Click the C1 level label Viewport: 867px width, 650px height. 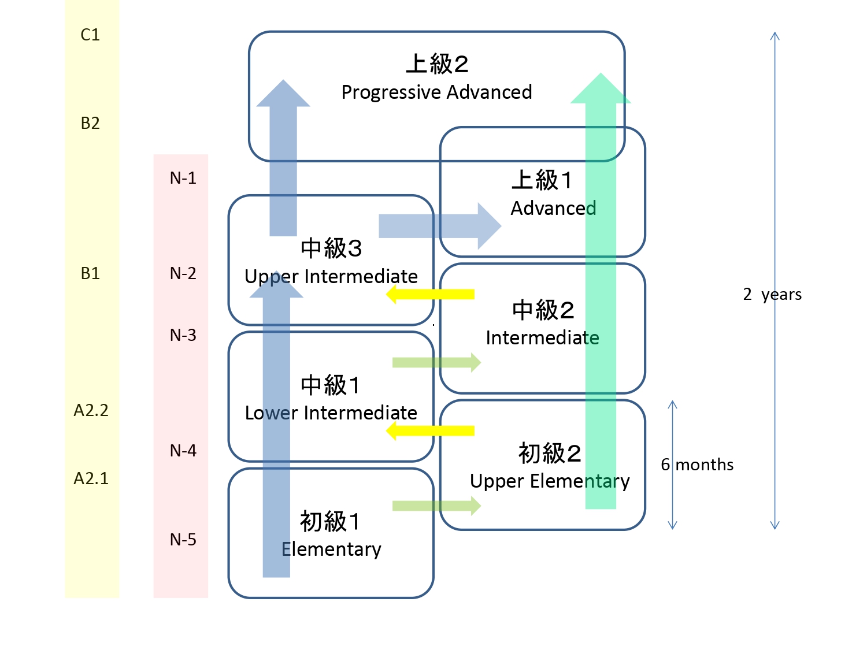[90, 35]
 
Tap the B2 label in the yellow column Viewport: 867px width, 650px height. [90, 123]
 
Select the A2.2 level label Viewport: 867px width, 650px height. [91, 410]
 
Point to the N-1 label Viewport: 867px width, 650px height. [183, 178]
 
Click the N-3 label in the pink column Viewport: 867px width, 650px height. [183, 335]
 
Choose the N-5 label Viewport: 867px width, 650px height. [183, 540]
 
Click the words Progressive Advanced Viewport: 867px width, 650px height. [436, 92]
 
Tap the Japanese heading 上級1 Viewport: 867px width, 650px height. [542, 180]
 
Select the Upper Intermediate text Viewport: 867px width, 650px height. [331, 277]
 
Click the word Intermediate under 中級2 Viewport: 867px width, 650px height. [542, 338]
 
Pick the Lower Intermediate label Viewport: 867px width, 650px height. [331, 413]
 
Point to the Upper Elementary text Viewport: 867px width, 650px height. [550, 481]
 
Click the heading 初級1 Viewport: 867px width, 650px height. [330, 522]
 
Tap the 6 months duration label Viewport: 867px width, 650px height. [697, 465]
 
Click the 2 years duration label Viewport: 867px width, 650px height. [772, 295]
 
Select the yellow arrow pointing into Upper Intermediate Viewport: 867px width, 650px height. [430, 294]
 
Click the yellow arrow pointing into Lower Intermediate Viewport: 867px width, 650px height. [430, 430]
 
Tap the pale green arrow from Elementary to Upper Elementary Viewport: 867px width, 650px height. [436, 506]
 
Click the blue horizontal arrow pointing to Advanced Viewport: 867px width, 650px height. [439, 226]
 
